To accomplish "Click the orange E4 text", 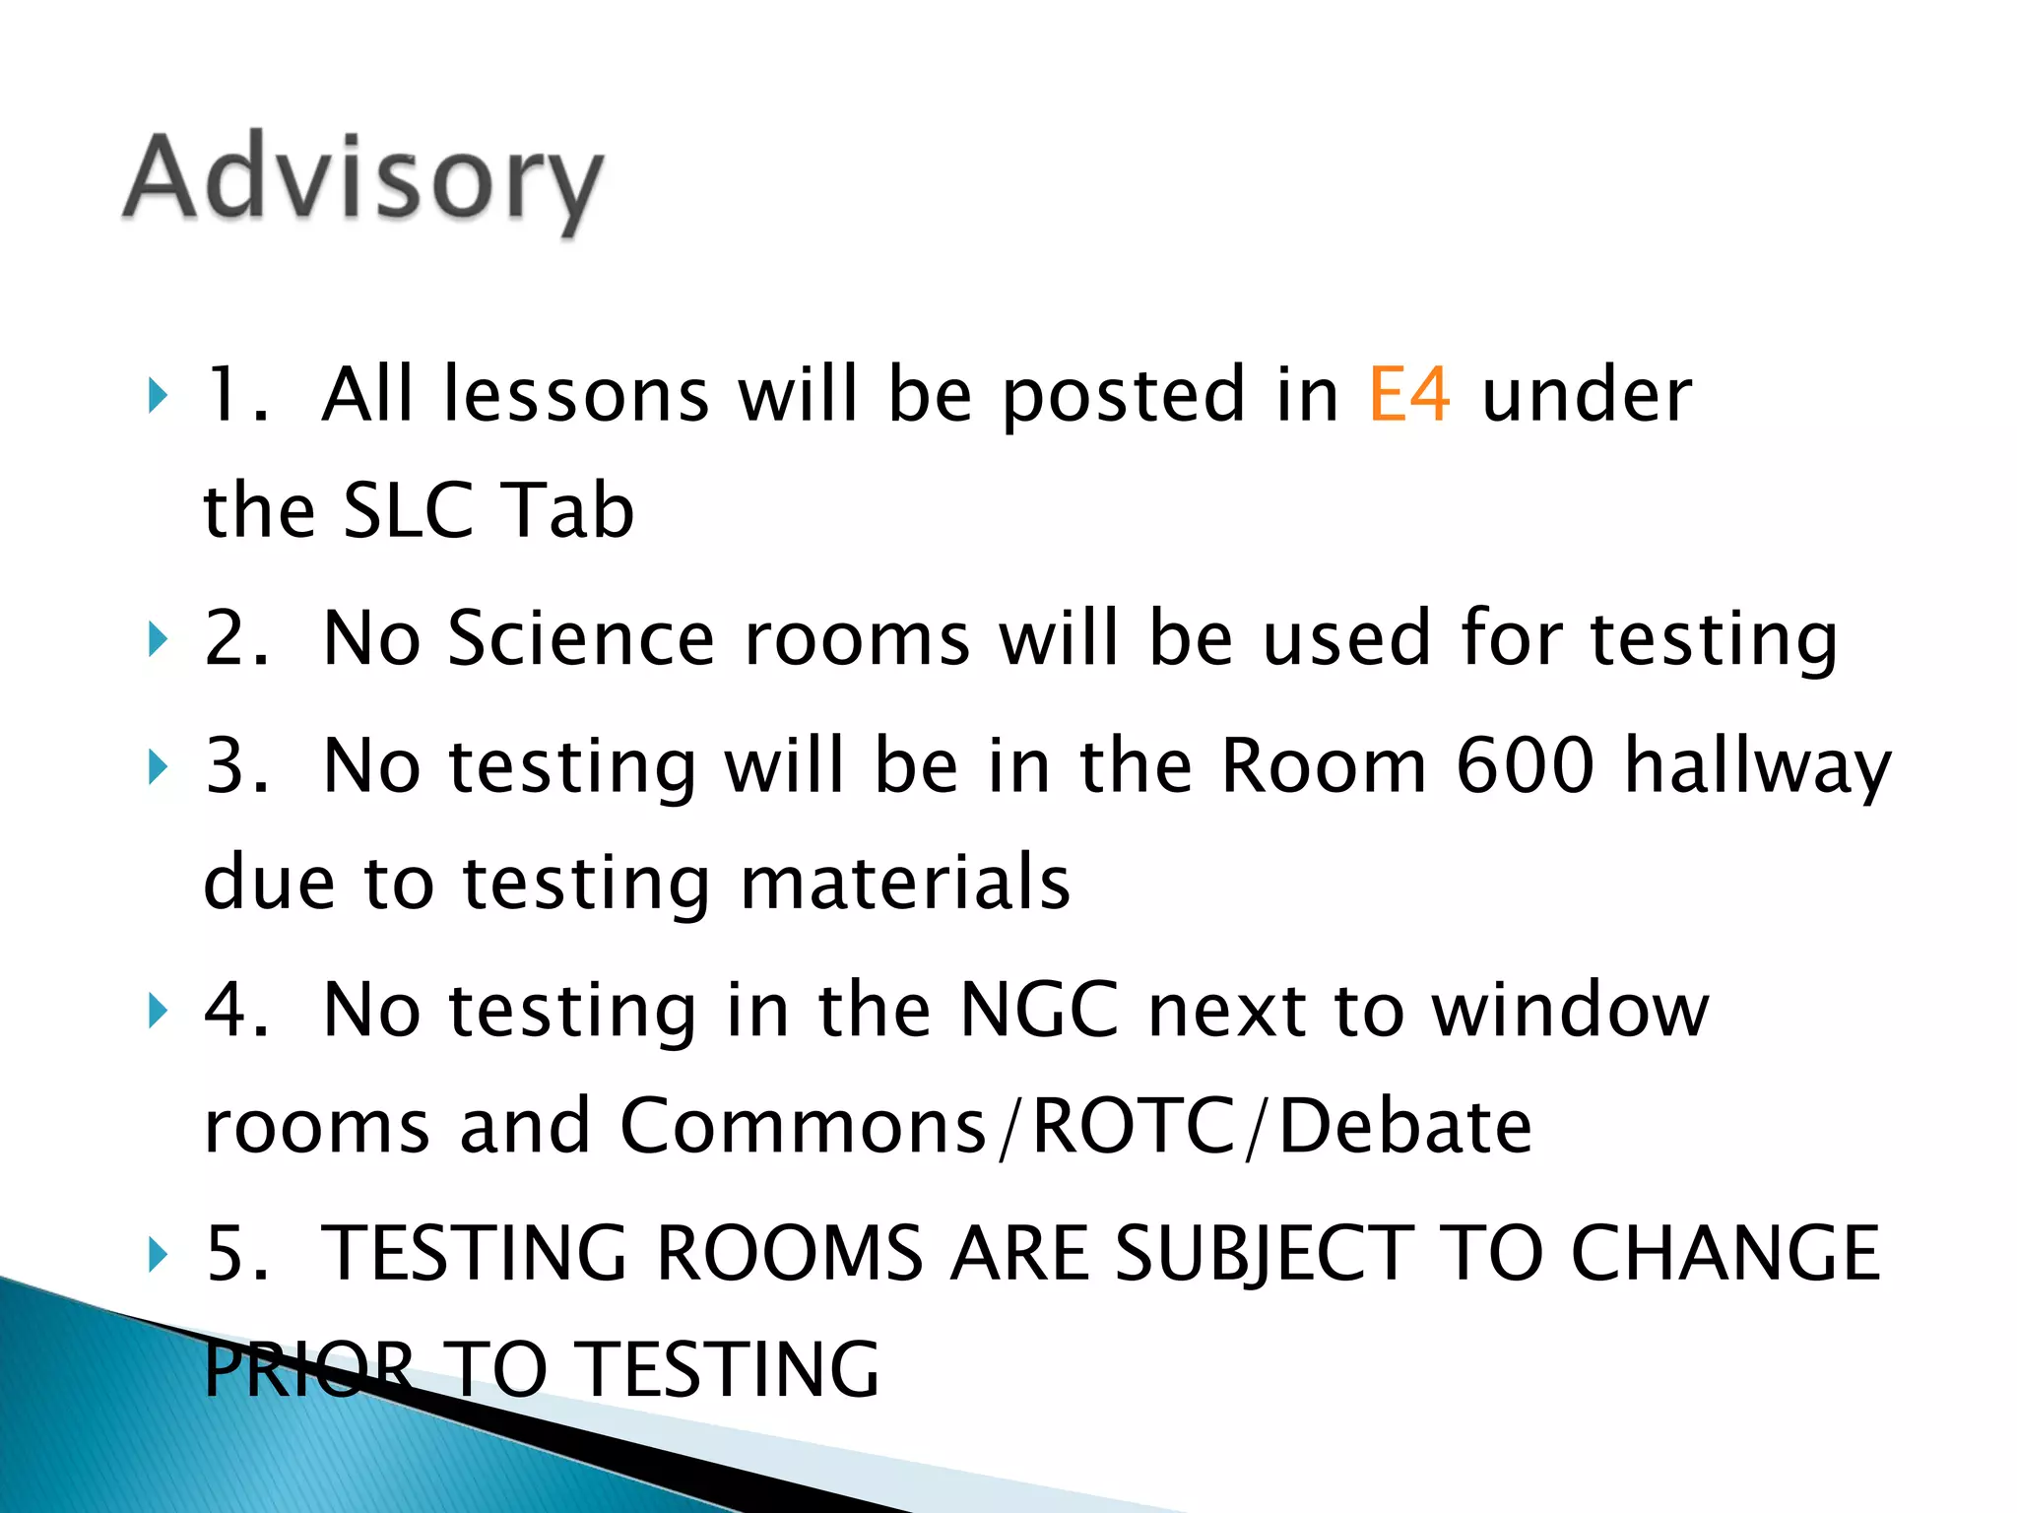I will click(x=1409, y=395).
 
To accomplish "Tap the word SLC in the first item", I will click(x=407, y=510).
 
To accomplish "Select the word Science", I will click(x=581, y=639).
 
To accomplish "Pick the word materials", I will click(x=904, y=883).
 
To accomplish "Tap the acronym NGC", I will click(x=1038, y=1011).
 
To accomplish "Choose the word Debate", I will click(x=1405, y=1126).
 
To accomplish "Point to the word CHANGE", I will click(x=1724, y=1254).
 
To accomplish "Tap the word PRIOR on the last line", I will click(x=309, y=1370).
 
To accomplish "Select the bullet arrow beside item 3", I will click(x=156, y=767).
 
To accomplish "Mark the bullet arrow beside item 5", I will click(x=156, y=1255).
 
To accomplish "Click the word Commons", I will click(x=802, y=1126).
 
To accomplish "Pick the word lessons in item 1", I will click(x=576, y=395).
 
